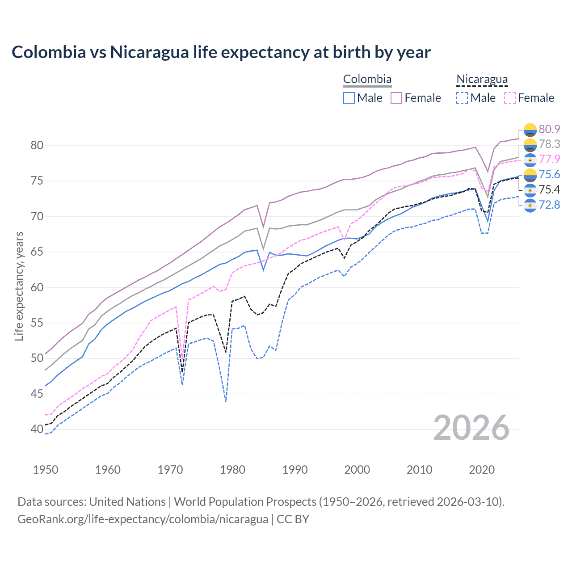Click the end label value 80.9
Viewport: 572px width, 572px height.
tap(549, 129)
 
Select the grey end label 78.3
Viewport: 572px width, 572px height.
tap(549, 144)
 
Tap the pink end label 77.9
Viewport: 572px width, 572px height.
tap(549, 159)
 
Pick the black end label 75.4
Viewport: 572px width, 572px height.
tap(549, 189)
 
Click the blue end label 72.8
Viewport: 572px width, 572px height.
tap(549, 205)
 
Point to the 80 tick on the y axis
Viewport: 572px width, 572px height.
tap(37, 145)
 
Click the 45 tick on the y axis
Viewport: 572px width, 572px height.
tap(37, 394)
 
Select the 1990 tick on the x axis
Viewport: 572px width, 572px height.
tap(295, 470)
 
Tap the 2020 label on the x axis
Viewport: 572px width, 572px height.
tap(482, 470)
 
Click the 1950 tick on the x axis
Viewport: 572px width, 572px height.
tap(46, 470)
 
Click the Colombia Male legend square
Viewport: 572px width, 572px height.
tap(349, 98)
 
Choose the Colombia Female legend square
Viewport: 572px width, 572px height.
tap(396, 98)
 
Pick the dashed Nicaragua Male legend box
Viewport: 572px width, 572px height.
tap(462, 98)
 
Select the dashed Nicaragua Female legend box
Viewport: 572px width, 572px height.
tap(510, 98)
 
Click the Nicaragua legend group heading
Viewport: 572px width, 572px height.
tap(482, 79)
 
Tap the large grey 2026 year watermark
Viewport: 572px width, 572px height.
tap(471, 428)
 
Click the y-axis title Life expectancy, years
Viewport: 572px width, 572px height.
tap(19, 286)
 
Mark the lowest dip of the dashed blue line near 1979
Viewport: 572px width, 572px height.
tap(226, 401)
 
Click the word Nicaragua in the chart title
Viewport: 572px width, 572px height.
tap(149, 52)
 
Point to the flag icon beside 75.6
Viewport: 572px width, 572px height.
tap(530, 175)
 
